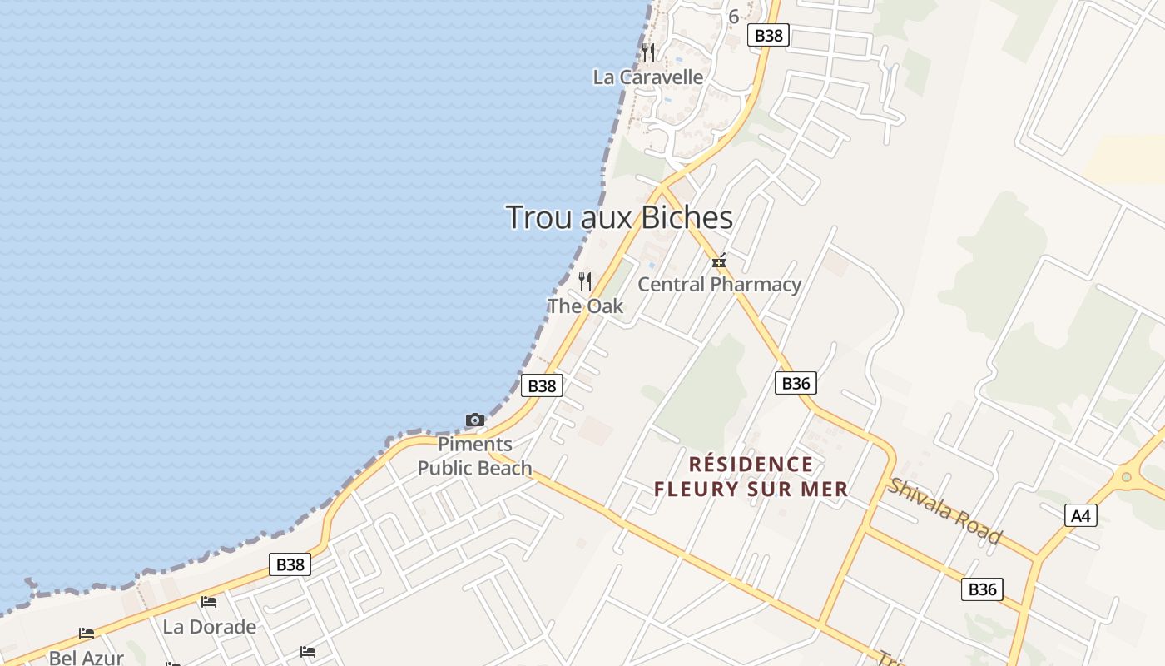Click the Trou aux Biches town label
point(619,217)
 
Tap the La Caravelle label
point(647,77)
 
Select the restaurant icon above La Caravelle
point(648,52)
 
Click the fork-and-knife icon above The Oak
point(585,281)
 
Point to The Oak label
point(585,306)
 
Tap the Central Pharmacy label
point(719,285)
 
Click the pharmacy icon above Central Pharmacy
point(719,261)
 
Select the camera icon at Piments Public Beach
point(475,420)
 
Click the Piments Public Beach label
point(474,456)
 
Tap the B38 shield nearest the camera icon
point(542,385)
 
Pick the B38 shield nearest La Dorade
point(290,564)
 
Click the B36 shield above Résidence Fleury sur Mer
point(796,383)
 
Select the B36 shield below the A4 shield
point(982,589)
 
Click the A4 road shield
point(1080,516)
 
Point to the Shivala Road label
point(944,510)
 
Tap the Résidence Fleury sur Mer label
point(751,476)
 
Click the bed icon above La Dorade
point(209,601)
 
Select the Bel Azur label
point(86,658)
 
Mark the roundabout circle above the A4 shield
point(1126,477)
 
